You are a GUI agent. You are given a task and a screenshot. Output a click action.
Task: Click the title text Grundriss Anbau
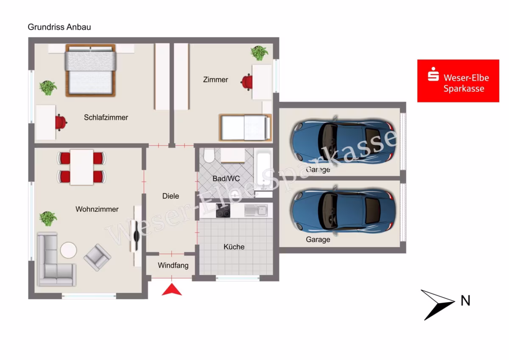click(59, 27)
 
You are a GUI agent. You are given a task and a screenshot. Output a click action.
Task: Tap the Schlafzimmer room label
click(106, 117)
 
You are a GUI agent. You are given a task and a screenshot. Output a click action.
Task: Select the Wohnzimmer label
click(97, 209)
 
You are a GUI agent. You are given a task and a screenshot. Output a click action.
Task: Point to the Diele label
click(171, 196)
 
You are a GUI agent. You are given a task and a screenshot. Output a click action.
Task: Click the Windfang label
click(173, 265)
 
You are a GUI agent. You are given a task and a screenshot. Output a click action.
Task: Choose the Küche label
click(234, 247)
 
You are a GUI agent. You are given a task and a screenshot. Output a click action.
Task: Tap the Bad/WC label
click(226, 179)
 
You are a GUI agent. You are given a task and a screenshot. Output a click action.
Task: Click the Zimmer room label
click(215, 79)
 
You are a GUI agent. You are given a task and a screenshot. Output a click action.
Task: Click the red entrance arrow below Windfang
click(172, 289)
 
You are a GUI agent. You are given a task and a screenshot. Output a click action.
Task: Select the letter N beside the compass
click(465, 301)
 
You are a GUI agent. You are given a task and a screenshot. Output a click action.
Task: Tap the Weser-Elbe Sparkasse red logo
click(458, 81)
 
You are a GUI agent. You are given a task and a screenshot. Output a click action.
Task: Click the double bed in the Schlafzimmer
click(90, 70)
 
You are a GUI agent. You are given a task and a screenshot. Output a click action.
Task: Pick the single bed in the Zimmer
click(245, 128)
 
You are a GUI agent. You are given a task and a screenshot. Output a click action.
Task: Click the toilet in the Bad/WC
click(209, 155)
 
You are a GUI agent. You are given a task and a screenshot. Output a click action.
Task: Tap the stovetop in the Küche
click(223, 211)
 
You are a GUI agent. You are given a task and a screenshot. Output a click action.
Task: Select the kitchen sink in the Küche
click(256, 210)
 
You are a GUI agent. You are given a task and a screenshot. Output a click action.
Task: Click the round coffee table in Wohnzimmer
click(68, 250)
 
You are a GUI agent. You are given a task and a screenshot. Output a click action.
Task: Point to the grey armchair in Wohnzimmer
click(98, 257)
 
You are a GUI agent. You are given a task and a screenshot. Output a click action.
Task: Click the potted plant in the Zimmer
click(259, 53)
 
